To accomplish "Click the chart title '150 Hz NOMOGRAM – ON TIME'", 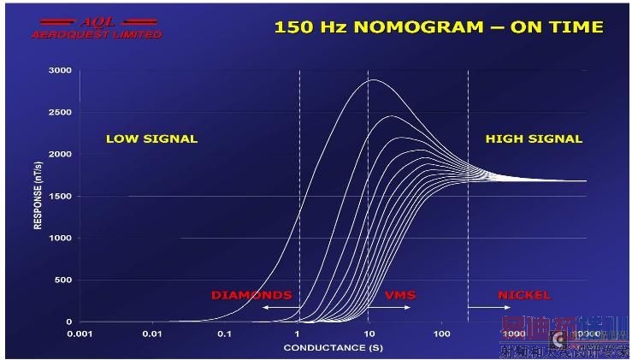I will [438, 27].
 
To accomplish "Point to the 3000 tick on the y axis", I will [59, 70].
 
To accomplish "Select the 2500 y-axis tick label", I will [59, 112].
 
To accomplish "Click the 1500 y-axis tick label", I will [59, 196].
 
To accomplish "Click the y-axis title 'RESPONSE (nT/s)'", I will [37, 197].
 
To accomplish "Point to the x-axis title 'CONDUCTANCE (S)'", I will [333, 348].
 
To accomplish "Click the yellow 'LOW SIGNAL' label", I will [151, 139].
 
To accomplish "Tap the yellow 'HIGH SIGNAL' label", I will [534, 139].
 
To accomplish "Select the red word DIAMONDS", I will [251, 295].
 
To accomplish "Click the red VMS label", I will [399, 295].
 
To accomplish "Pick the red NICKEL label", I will [524, 295].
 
